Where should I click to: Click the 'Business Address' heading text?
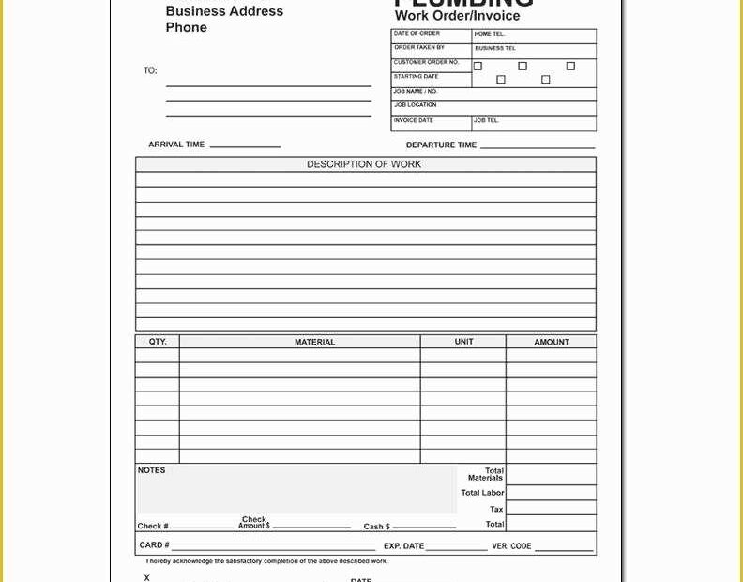[224, 11]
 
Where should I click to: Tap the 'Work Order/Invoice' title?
[457, 16]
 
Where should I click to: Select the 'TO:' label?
[150, 70]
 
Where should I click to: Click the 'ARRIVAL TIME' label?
[176, 145]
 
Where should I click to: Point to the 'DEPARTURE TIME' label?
[441, 145]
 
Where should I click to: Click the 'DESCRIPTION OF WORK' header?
[364, 164]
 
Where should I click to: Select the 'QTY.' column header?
[158, 342]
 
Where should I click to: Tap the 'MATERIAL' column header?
[314, 343]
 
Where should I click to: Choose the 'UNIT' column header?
[463, 342]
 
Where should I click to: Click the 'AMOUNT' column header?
[551, 343]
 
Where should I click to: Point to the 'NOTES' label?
[151, 470]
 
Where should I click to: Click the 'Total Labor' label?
[482, 493]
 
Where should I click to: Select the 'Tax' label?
[496, 510]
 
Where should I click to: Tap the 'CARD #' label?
[154, 544]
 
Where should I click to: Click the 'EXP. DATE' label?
[403, 546]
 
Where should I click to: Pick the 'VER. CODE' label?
[511, 546]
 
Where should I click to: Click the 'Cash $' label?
[376, 527]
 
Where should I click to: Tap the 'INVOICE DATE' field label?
[413, 120]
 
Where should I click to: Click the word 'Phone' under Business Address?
[186, 28]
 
